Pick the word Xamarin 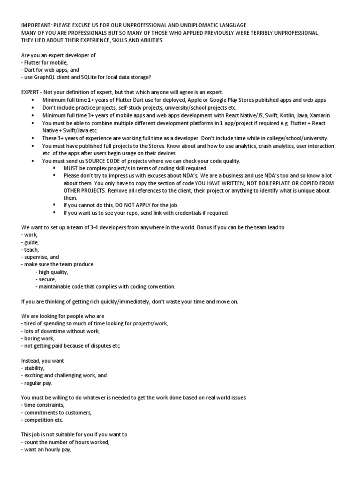[x=318, y=115]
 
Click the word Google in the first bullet [x=223, y=100]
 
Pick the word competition [x=40, y=420]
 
